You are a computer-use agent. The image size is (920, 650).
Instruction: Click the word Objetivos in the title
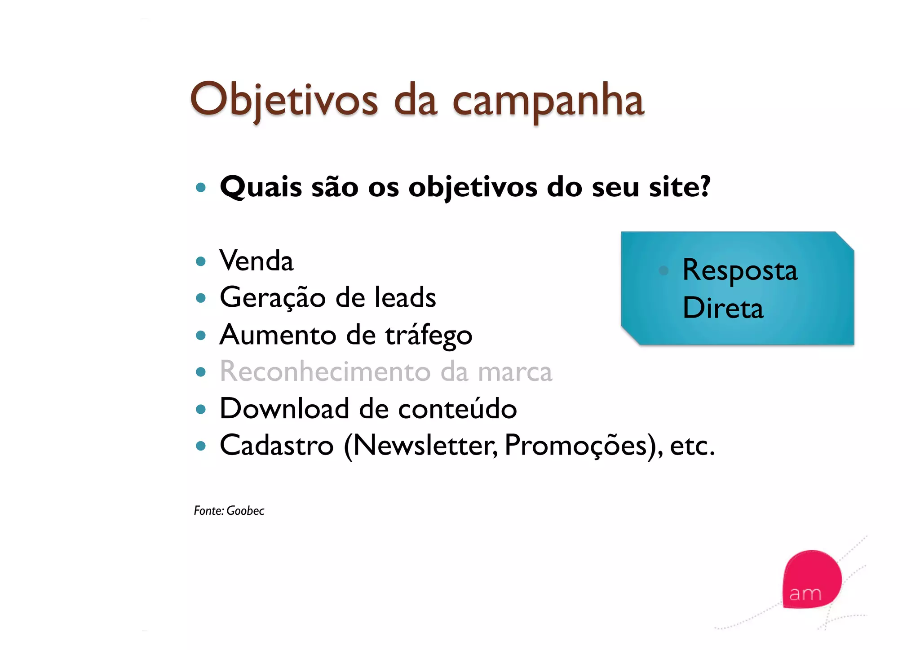click(x=284, y=100)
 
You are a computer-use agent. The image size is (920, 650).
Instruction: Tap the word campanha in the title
click(x=548, y=102)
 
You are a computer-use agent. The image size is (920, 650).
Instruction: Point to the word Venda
click(x=257, y=261)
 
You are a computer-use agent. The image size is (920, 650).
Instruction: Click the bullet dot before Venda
click(x=201, y=261)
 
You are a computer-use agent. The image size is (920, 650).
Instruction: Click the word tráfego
click(x=429, y=336)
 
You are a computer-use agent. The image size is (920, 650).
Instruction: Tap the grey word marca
click(x=514, y=372)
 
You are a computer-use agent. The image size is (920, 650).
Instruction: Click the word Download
click(x=284, y=409)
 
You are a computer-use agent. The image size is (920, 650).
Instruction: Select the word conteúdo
click(x=457, y=409)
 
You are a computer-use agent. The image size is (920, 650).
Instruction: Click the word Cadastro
click(x=277, y=446)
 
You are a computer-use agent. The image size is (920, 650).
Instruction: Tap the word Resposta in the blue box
click(x=739, y=271)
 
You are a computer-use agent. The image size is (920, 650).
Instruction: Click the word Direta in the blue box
click(x=723, y=308)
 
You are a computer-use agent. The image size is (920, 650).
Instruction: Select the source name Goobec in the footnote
click(x=245, y=511)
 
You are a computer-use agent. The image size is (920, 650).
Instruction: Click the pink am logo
click(x=811, y=579)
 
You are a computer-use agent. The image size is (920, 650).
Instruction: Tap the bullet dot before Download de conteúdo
click(x=201, y=409)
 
